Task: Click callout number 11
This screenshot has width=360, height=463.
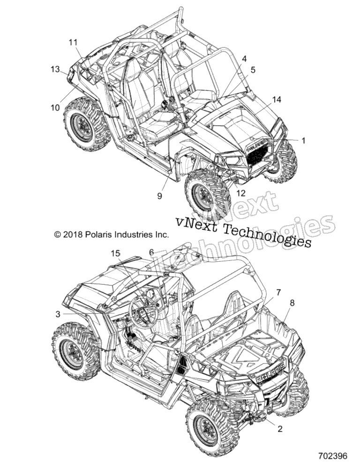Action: [73, 43]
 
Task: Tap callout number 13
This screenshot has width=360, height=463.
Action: [55, 69]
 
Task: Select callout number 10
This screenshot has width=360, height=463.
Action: [55, 107]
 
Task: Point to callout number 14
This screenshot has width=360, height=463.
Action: [277, 99]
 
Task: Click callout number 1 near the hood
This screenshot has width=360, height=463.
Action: [303, 141]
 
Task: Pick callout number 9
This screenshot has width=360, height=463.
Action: [159, 196]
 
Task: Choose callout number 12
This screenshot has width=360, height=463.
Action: [241, 193]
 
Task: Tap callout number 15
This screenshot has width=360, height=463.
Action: [116, 253]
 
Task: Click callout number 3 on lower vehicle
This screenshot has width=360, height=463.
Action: [58, 314]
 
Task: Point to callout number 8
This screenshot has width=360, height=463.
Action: [292, 303]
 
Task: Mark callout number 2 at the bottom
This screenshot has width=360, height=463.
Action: [280, 428]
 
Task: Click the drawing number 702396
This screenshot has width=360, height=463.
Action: [332, 455]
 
